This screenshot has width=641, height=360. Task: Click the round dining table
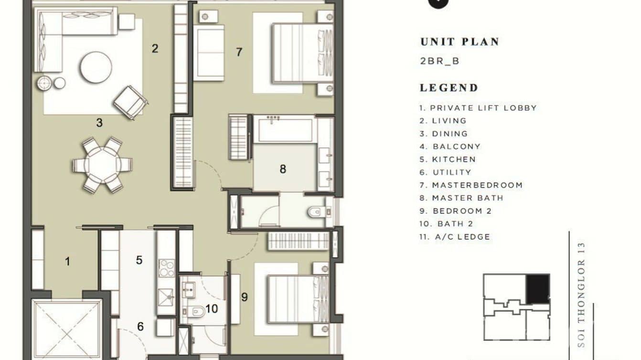102,165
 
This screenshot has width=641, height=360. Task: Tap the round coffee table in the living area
96,67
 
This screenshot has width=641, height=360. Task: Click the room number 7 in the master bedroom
239,52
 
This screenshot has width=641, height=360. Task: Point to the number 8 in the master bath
283,169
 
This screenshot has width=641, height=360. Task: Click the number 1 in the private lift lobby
67,261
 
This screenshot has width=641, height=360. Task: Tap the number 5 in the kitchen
139,260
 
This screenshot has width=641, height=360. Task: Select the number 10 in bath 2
212,309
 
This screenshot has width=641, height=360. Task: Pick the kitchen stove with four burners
166,268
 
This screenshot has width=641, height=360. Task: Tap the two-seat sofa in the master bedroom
209,53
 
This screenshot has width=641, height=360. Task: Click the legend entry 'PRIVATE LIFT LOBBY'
478,108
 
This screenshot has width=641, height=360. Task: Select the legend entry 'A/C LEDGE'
455,237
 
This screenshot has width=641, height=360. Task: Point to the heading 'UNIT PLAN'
459,42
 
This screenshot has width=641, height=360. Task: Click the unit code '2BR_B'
439,61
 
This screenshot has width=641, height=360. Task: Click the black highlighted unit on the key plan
537,288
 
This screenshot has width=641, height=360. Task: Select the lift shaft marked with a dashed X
66,329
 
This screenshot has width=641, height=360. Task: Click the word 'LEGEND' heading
449,88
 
